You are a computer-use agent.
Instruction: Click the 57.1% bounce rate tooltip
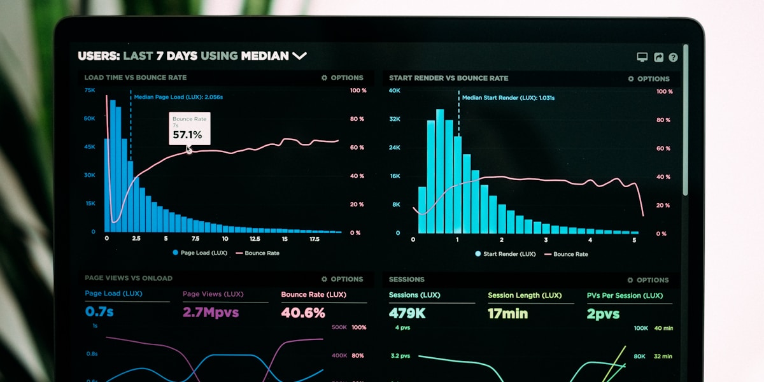(x=189, y=129)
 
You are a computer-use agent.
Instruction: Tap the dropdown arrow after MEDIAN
(x=299, y=56)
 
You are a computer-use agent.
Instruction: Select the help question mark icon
(x=673, y=57)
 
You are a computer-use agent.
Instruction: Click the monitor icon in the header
(x=642, y=57)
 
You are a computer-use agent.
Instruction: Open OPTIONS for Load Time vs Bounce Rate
(x=343, y=78)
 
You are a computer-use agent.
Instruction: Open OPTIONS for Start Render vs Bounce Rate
(x=649, y=79)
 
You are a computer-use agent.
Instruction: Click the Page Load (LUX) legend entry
(x=200, y=253)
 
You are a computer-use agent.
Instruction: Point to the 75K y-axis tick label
(x=90, y=90)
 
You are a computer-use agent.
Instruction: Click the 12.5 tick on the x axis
(x=255, y=239)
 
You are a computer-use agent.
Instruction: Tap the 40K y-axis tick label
(x=395, y=90)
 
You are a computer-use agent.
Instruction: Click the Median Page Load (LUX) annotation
(x=178, y=97)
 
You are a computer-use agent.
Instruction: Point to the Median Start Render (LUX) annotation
(x=508, y=98)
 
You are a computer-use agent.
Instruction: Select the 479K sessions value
(x=407, y=313)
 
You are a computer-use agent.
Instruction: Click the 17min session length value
(x=507, y=313)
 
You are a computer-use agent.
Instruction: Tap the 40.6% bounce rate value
(x=303, y=313)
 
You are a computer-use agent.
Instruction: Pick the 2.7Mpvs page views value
(x=211, y=313)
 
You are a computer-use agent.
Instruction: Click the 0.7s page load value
(x=99, y=312)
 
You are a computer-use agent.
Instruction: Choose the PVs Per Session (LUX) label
(x=625, y=295)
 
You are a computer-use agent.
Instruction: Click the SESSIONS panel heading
(x=407, y=279)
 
